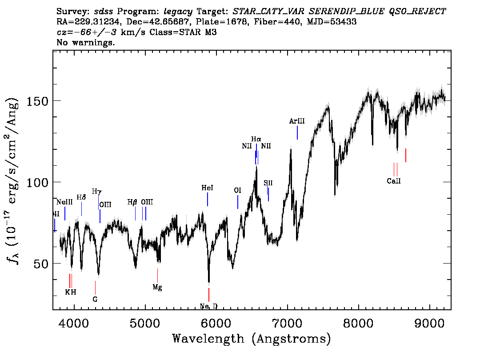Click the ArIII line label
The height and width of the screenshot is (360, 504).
pyautogui.click(x=297, y=121)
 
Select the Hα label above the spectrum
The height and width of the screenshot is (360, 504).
pyautogui.click(x=256, y=139)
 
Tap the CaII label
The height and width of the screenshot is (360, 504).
pyautogui.click(x=393, y=181)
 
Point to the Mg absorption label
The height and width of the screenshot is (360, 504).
pyautogui.click(x=157, y=287)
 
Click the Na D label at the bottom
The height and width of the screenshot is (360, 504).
pyautogui.click(x=208, y=306)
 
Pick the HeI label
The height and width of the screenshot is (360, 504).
pyautogui.click(x=207, y=188)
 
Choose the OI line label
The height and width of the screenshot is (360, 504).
pyautogui.click(x=237, y=190)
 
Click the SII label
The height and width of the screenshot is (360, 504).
pyautogui.click(x=268, y=183)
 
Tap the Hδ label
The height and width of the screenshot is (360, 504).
pyautogui.click(x=81, y=197)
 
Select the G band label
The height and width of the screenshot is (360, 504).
pyautogui.click(x=95, y=299)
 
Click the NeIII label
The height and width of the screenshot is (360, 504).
pyautogui.click(x=64, y=202)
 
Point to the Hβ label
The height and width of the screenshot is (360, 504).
pyautogui.click(x=132, y=202)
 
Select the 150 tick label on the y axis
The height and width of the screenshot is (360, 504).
pyautogui.click(x=38, y=101)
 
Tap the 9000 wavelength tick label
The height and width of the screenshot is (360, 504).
pyautogui.click(x=430, y=321)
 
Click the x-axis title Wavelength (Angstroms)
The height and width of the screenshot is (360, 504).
pyautogui.click(x=252, y=339)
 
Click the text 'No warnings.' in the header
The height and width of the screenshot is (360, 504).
pyautogui.click(x=86, y=43)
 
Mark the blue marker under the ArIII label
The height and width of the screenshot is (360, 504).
pyautogui.click(x=297, y=132)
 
